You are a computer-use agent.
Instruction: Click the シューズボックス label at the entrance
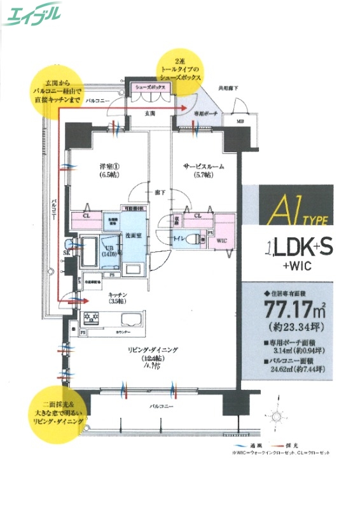pyautogui.click(x=150, y=87)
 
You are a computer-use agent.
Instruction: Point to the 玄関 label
pyautogui.click(x=150, y=113)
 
